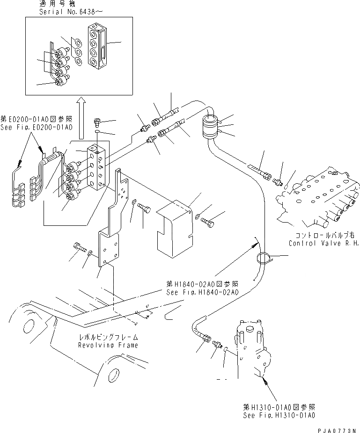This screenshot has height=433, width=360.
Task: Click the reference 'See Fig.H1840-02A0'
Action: pyautogui.click(x=202, y=292)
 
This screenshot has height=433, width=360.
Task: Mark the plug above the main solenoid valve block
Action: pyautogui.click(x=98, y=123)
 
